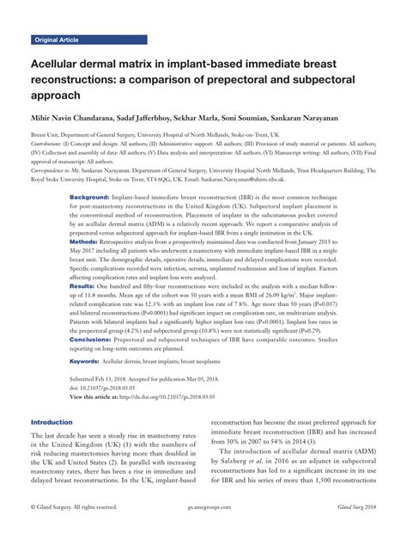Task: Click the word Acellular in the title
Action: point(62,63)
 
